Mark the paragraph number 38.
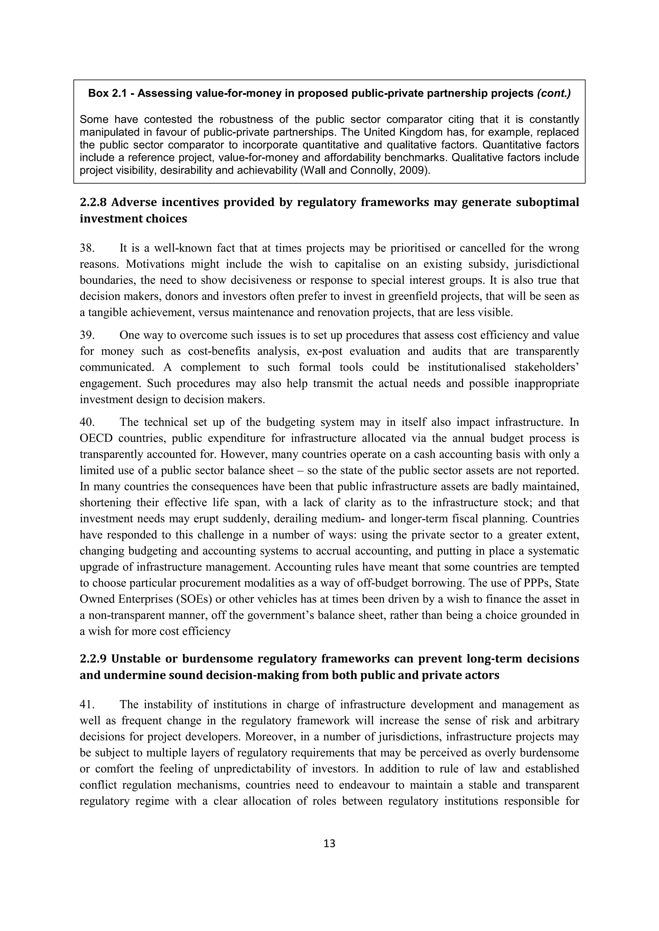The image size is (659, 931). click(87, 248)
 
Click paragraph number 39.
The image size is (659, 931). click(87, 335)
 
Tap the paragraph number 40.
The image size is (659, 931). click(87, 422)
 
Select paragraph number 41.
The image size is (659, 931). click(87, 705)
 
